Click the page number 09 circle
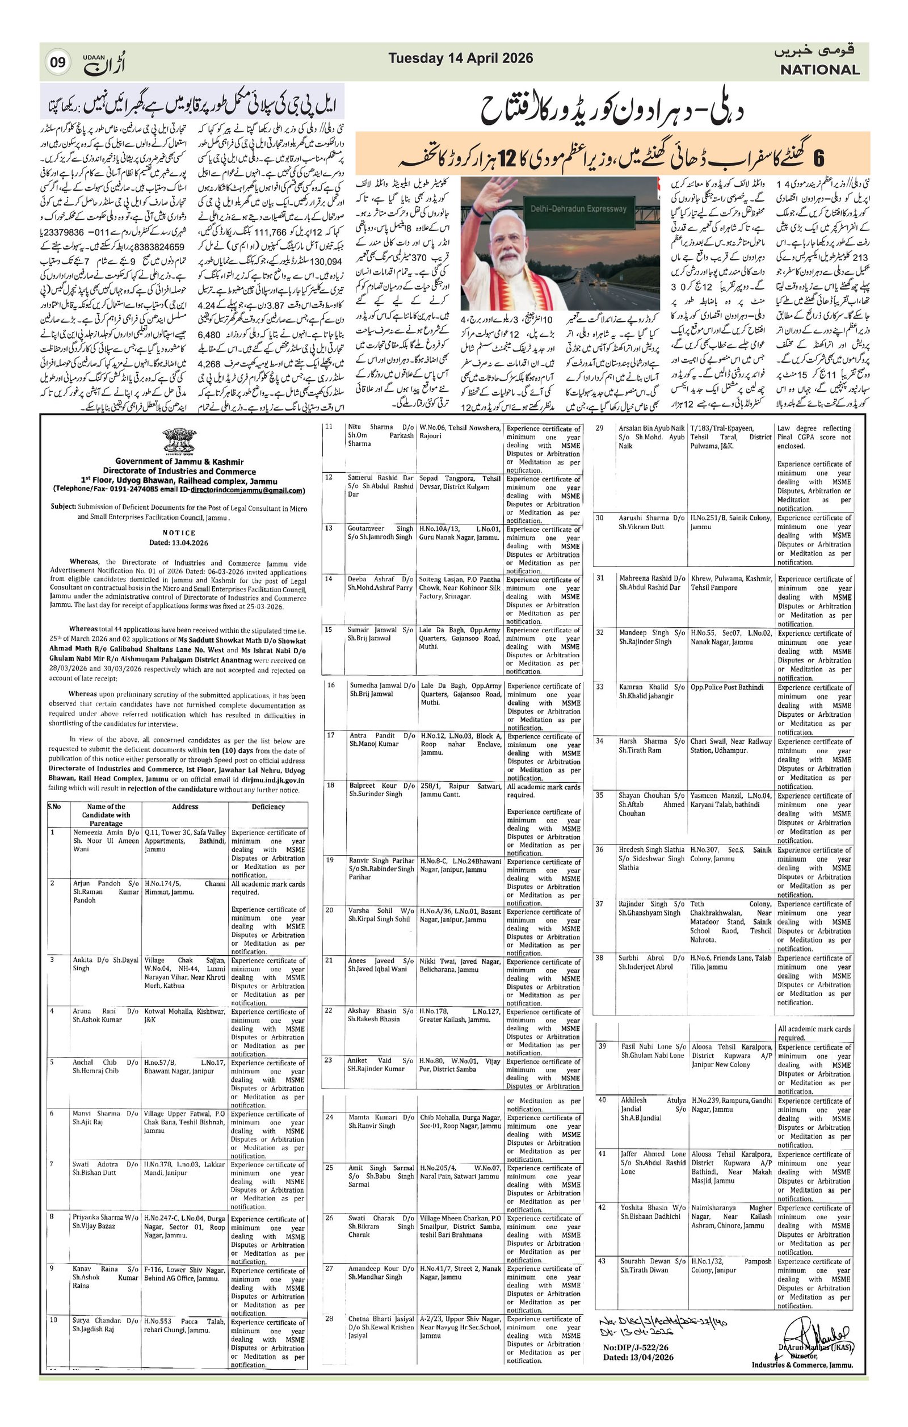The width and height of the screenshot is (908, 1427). click(57, 62)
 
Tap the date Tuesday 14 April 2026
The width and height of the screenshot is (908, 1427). click(460, 58)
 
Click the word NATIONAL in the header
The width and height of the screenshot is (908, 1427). click(819, 69)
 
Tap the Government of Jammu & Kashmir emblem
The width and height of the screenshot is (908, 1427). click(178, 442)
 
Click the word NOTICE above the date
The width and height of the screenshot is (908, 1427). click(179, 533)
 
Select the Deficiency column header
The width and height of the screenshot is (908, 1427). click(268, 807)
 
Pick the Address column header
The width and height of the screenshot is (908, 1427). click(185, 807)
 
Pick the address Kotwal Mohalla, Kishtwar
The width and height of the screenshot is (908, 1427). click(184, 1012)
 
